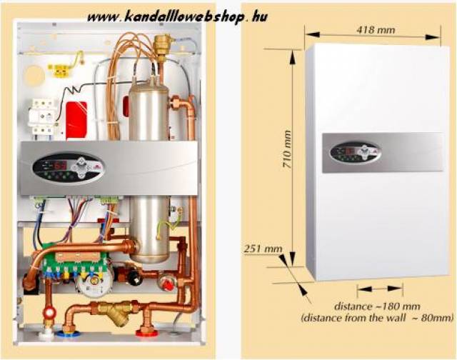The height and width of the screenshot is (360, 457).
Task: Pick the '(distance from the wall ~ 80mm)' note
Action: click(378, 316)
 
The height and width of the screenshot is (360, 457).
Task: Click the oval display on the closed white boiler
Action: click(355, 153)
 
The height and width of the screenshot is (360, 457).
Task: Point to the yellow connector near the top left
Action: click(57, 70)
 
